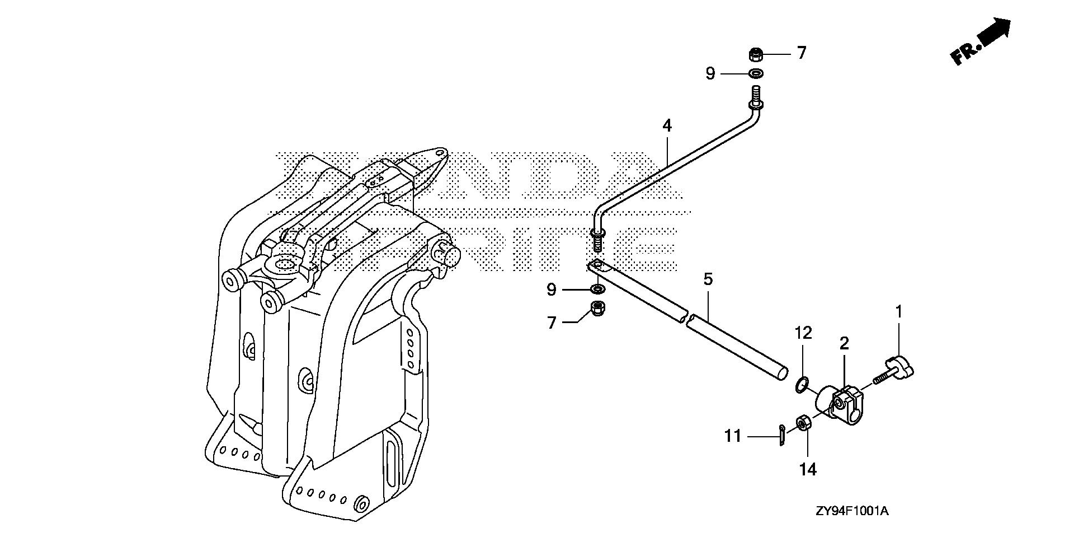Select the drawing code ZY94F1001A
click(852, 511)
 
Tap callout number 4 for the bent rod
click(667, 125)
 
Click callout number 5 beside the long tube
click(708, 279)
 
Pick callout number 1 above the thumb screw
click(899, 312)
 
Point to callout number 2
click(844, 343)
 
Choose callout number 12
click(803, 333)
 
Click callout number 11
click(733, 436)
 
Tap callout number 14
click(808, 469)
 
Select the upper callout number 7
click(802, 53)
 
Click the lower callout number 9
click(552, 289)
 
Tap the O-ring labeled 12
click(802, 384)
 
